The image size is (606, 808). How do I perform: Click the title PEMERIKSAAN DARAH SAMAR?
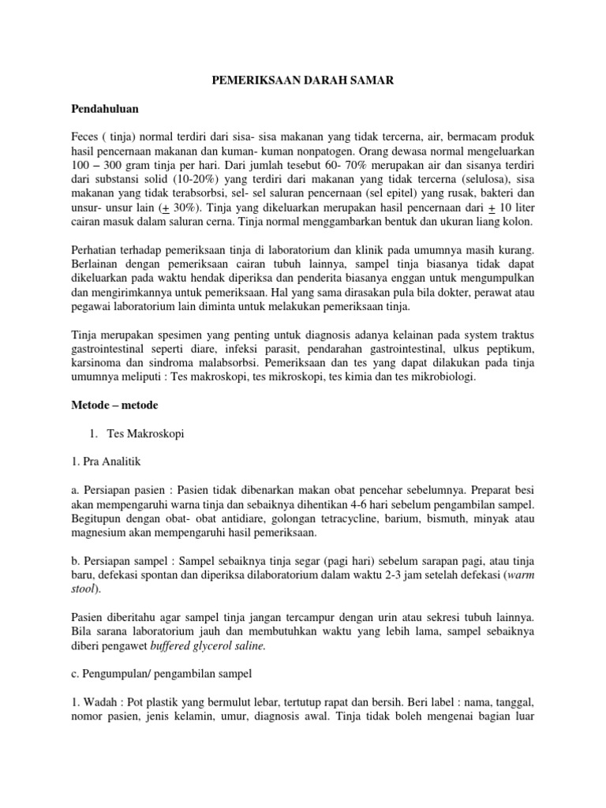[x=302, y=80]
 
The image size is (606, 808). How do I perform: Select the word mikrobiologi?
[x=439, y=379]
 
